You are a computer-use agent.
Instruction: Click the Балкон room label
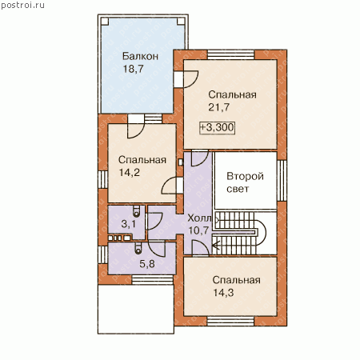pos(140,56)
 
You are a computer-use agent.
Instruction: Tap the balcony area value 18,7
pos(133,69)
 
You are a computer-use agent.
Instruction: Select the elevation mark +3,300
pos(218,127)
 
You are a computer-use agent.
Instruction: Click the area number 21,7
pos(218,107)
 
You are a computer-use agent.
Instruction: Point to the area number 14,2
pos(130,173)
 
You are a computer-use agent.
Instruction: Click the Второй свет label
pos(245,182)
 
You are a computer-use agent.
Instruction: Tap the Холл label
pos(199,218)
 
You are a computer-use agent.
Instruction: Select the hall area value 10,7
pos(198,230)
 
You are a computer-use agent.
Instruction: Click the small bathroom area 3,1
pos(128,224)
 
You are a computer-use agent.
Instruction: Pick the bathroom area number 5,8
pos(147,264)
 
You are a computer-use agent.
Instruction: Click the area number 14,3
pos(223,293)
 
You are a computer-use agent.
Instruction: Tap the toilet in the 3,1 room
pos(137,210)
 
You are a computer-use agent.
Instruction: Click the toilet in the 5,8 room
pos(138,248)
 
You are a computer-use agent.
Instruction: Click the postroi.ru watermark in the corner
pos(22,6)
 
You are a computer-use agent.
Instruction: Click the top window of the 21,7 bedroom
pos(231,54)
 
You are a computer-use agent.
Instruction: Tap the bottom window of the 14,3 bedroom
pos(230,322)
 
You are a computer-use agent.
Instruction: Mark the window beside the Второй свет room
pos(282,181)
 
